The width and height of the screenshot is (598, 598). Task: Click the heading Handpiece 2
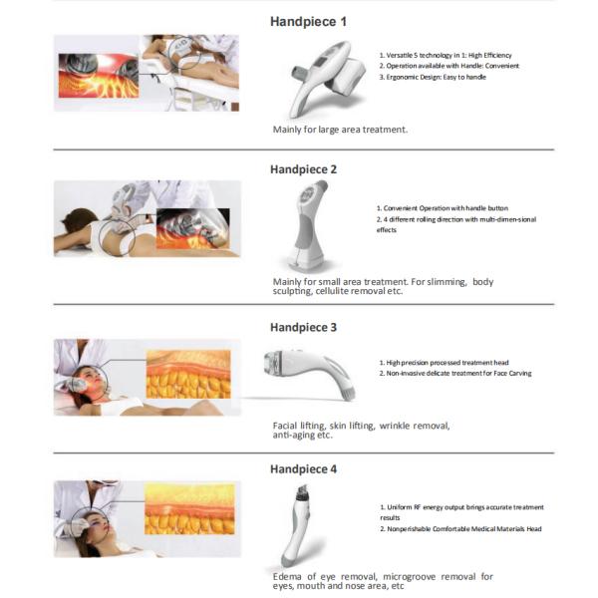point(303,169)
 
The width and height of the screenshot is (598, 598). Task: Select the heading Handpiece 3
point(303,327)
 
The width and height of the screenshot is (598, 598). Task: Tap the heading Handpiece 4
point(303,468)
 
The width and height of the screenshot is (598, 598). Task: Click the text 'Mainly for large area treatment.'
point(340,130)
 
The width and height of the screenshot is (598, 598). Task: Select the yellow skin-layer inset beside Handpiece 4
point(189,508)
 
